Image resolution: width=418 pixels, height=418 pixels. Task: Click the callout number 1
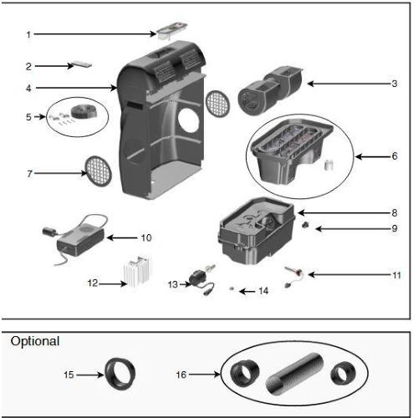click(x=28, y=35)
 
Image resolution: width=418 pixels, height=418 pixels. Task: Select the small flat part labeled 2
click(x=82, y=64)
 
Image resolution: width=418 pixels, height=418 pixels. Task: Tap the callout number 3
click(x=395, y=84)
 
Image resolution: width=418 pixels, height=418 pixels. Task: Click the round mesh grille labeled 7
click(x=99, y=171)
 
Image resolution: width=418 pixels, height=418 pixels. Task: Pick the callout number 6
click(x=395, y=156)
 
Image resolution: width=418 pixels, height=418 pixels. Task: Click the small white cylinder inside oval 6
click(x=329, y=165)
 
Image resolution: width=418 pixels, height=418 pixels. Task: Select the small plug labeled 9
click(x=305, y=225)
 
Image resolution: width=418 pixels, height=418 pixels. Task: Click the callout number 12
click(x=93, y=283)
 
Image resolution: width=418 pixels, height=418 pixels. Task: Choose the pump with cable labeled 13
click(x=202, y=280)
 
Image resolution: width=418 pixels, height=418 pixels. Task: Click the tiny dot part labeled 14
click(x=231, y=288)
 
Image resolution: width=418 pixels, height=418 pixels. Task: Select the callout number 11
click(x=396, y=275)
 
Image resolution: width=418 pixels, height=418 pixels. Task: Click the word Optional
click(x=35, y=341)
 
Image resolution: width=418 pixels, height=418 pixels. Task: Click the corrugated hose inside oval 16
click(x=295, y=374)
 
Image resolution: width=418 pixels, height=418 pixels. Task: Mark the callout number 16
click(x=181, y=375)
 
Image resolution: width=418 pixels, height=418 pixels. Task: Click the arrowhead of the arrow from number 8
click(x=301, y=213)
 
